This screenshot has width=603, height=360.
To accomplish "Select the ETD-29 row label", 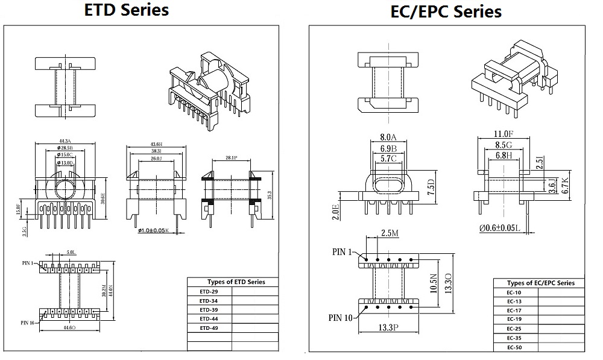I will [x=209, y=291].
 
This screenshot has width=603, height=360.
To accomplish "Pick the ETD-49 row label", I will [x=209, y=327].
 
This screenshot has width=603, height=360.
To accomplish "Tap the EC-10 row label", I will [x=514, y=292].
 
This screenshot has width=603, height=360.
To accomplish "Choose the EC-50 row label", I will [x=514, y=347].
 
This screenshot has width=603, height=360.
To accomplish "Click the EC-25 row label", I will [x=514, y=329].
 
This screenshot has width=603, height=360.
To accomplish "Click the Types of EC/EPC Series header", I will [x=540, y=283].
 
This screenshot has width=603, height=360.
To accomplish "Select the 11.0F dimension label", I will [x=502, y=134].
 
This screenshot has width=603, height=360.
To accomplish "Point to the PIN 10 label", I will [x=341, y=317].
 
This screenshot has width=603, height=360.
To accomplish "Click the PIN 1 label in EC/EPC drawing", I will [x=343, y=252].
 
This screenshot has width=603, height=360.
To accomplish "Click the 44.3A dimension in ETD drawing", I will [x=65, y=141].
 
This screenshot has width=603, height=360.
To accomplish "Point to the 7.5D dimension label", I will [x=431, y=183].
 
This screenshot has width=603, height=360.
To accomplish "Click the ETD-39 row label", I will [x=209, y=309].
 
